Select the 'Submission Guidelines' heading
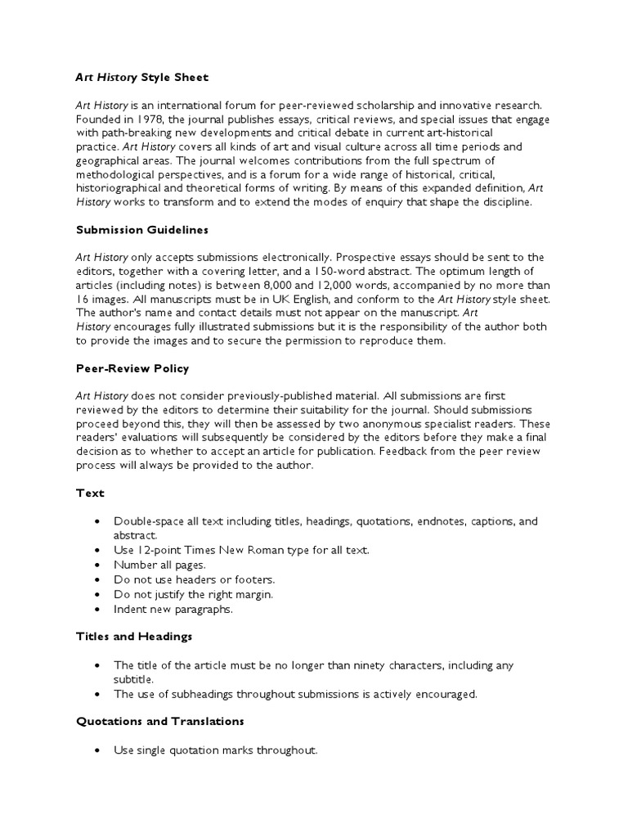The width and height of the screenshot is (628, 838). point(142,230)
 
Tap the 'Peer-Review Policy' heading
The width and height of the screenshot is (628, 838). point(132,368)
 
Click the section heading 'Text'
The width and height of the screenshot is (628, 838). point(90,493)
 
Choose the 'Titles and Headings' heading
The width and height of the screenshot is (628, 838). point(133,636)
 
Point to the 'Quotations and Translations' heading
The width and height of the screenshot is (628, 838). point(159,722)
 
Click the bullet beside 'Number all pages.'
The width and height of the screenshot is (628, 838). point(98,565)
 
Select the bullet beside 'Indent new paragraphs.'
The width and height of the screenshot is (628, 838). point(98,609)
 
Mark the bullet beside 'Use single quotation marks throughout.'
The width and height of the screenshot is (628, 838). point(98,750)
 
